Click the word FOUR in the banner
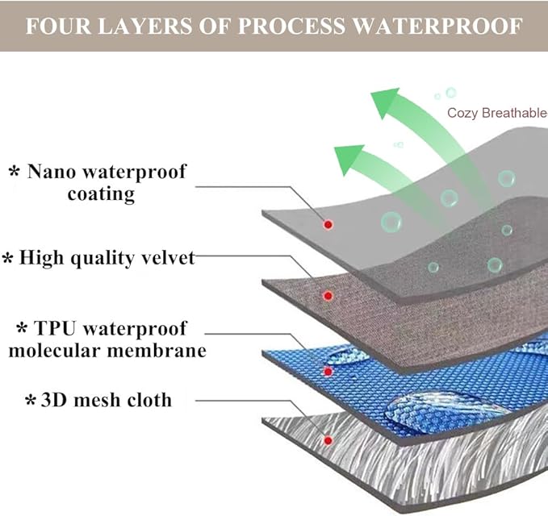(58, 26)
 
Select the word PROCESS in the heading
(291, 26)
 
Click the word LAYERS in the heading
(144, 26)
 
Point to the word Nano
(52, 172)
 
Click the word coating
(101, 193)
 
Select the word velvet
(168, 258)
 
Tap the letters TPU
(55, 328)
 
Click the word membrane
(157, 350)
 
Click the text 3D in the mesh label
(54, 400)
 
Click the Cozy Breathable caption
(497, 113)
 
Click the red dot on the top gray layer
(328, 224)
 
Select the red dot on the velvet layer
(328, 296)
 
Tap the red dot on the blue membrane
(328, 372)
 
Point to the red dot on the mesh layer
(328, 440)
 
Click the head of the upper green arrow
(384, 102)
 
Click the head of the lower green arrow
(348, 159)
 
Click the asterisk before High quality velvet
(8, 259)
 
